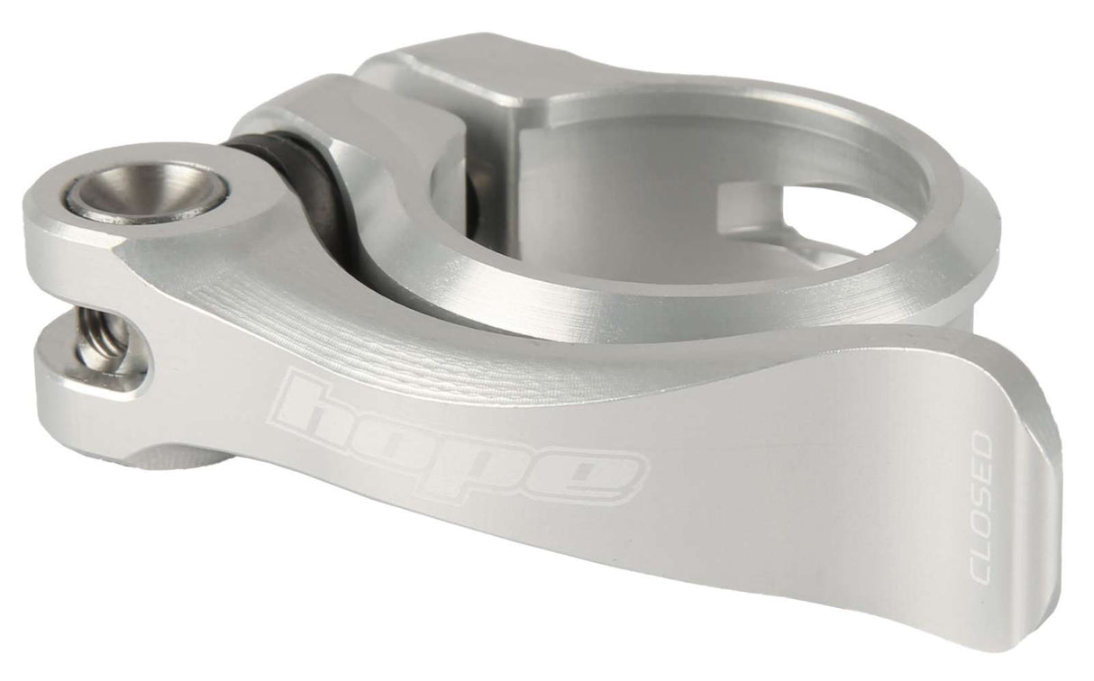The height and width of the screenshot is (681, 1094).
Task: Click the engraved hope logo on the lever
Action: (460, 439)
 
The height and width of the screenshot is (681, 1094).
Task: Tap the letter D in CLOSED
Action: (981, 446)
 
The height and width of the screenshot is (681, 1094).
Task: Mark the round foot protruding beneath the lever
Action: (180, 461)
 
